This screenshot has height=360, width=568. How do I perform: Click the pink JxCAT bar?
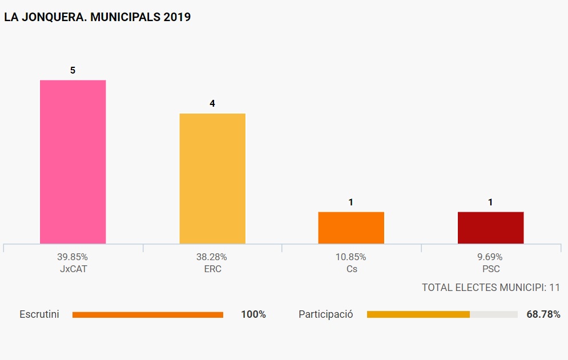click(x=72, y=162)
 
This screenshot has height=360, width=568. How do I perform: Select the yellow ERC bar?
click(x=212, y=179)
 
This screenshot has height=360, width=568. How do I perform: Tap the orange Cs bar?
click(x=351, y=228)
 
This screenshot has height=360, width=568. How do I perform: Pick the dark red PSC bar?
click(x=490, y=228)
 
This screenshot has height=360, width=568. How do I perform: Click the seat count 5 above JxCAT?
click(x=72, y=70)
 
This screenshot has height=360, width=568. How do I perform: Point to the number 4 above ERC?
click(x=212, y=104)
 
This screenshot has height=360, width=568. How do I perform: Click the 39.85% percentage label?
click(x=72, y=257)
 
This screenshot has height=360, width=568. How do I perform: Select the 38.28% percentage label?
click(x=212, y=257)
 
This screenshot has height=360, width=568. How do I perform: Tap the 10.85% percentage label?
click(x=351, y=257)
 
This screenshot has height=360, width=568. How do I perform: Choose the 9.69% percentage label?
click(x=490, y=257)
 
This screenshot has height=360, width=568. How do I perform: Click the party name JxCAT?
click(x=72, y=269)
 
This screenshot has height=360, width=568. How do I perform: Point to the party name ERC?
click(x=212, y=269)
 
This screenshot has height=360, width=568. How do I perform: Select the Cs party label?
click(x=351, y=269)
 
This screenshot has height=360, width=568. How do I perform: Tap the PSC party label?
click(x=490, y=269)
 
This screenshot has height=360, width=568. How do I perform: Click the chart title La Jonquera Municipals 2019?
click(x=98, y=18)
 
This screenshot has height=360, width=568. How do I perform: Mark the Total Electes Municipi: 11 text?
click(x=491, y=288)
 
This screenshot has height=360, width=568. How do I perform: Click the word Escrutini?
click(x=39, y=314)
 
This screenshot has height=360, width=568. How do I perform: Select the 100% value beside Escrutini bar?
click(x=253, y=314)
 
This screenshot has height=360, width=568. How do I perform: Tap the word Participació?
click(x=326, y=314)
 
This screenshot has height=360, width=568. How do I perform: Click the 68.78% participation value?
click(x=543, y=314)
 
